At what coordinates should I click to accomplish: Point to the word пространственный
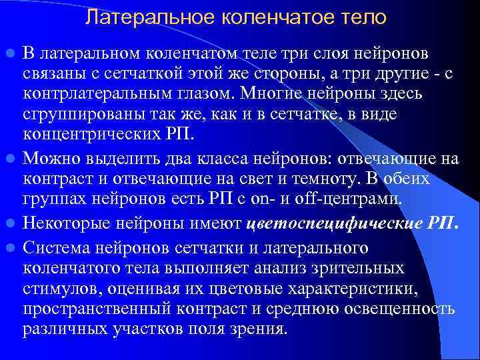pyautogui.click(x=93, y=309)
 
